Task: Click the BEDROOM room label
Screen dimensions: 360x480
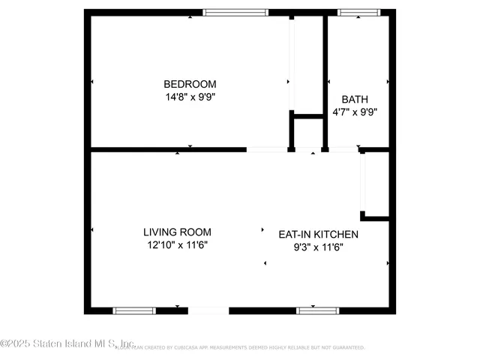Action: click(190, 84)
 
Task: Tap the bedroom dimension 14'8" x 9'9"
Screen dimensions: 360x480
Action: click(190, 96)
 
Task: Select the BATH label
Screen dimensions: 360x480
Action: click(355, 99)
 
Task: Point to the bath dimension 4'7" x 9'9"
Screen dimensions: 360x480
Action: click(355, 112)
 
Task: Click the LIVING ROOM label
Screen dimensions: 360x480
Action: click(178, 232)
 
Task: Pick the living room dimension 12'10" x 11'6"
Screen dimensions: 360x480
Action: click(178, 244)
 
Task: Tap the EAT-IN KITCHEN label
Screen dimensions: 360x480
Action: click(319, 234)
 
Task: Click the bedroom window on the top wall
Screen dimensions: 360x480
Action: click(235, 12)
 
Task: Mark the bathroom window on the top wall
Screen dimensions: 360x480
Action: click(359, 12)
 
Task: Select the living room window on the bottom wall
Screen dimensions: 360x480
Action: click(134, 310)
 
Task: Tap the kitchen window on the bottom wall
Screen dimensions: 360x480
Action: click(318, 310)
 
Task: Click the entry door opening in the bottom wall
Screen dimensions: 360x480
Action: click(208, 310)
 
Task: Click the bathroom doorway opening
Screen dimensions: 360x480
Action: click(343, 149)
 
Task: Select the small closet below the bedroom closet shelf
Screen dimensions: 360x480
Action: click(307, 133)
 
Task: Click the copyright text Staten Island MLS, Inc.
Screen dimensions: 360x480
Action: click(67, 344)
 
